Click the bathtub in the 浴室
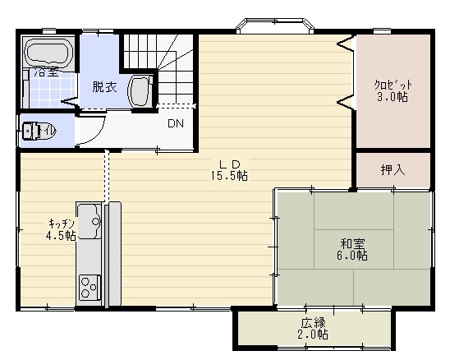coord(48,53)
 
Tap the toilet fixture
coord(34,131)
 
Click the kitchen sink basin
coord(90,221)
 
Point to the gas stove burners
coord(90,288)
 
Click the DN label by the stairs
coord(176,123)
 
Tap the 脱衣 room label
coord(104,87)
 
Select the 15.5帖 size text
coord(229,176)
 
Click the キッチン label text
coord(62,224)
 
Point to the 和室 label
coord(353,243)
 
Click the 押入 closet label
coord(393,170)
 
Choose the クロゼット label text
coord(393,85)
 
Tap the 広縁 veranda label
coord(313,323)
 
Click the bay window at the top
coord(274,25)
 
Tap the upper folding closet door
coord(345,44)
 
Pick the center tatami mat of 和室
coord(354,249)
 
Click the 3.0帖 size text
coord(392,97)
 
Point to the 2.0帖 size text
coord(313,335)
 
